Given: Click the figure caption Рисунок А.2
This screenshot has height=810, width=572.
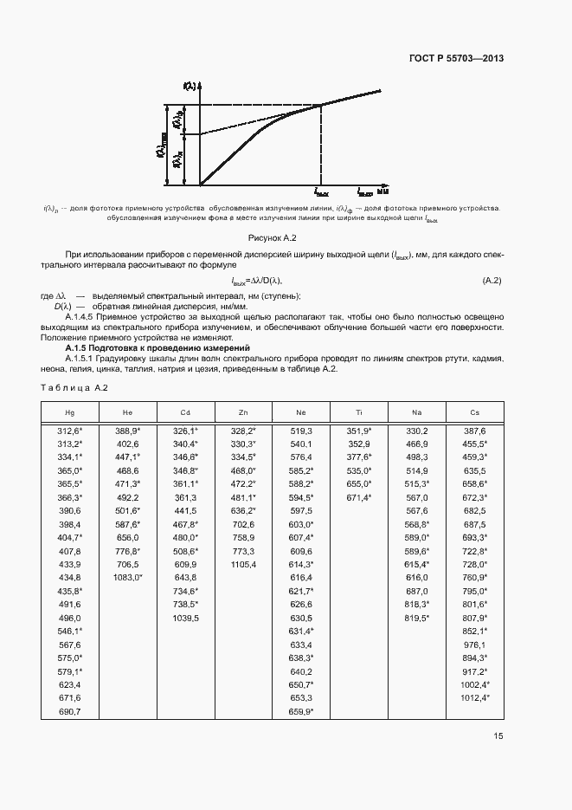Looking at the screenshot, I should pyautogui.click(x=273, y=237).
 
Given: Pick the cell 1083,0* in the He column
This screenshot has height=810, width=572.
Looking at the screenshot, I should pyautogui.click(x=128, y=576).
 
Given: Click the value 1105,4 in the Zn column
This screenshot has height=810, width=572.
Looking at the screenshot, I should pyautogui.click(x=243, y=564).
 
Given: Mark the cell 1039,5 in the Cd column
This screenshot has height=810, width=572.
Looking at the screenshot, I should pyautogui.click(x=186, y=618).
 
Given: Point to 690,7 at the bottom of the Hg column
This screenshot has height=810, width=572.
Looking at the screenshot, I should pyautogui.click(x=69, y=711).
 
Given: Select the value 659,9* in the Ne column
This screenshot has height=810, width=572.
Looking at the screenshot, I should pyautogui.click(x=301, y=711).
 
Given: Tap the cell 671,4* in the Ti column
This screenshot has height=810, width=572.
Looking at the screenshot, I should pyautogui.click(x=359, y=497).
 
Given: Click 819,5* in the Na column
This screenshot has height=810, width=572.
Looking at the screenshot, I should pyautogui.click(x=417, y=618).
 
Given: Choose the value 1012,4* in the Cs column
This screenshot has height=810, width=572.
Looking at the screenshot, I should pyautogui.click(x=474, y=697).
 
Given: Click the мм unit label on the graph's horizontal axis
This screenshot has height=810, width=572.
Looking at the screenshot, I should pyautogui.click(x=382, y=191).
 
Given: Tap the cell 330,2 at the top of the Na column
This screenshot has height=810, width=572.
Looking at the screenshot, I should pyautogui.click(x=417, y=430).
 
